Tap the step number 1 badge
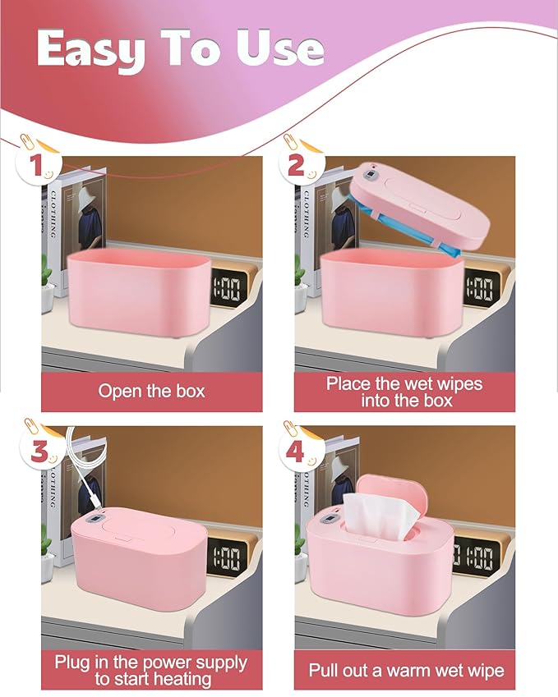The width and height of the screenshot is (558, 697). click(x=35, y=165)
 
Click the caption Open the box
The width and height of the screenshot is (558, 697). click(x=151, y=391)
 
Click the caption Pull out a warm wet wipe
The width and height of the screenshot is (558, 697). click(x=406, y=670)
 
